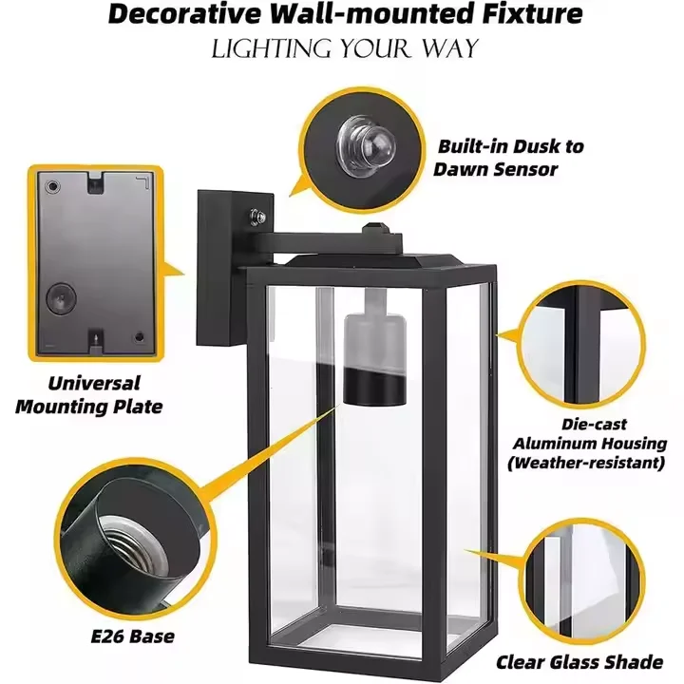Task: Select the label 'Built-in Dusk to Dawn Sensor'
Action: [510, 158]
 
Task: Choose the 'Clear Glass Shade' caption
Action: [579, 662]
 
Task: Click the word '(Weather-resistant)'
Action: [585, 463]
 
